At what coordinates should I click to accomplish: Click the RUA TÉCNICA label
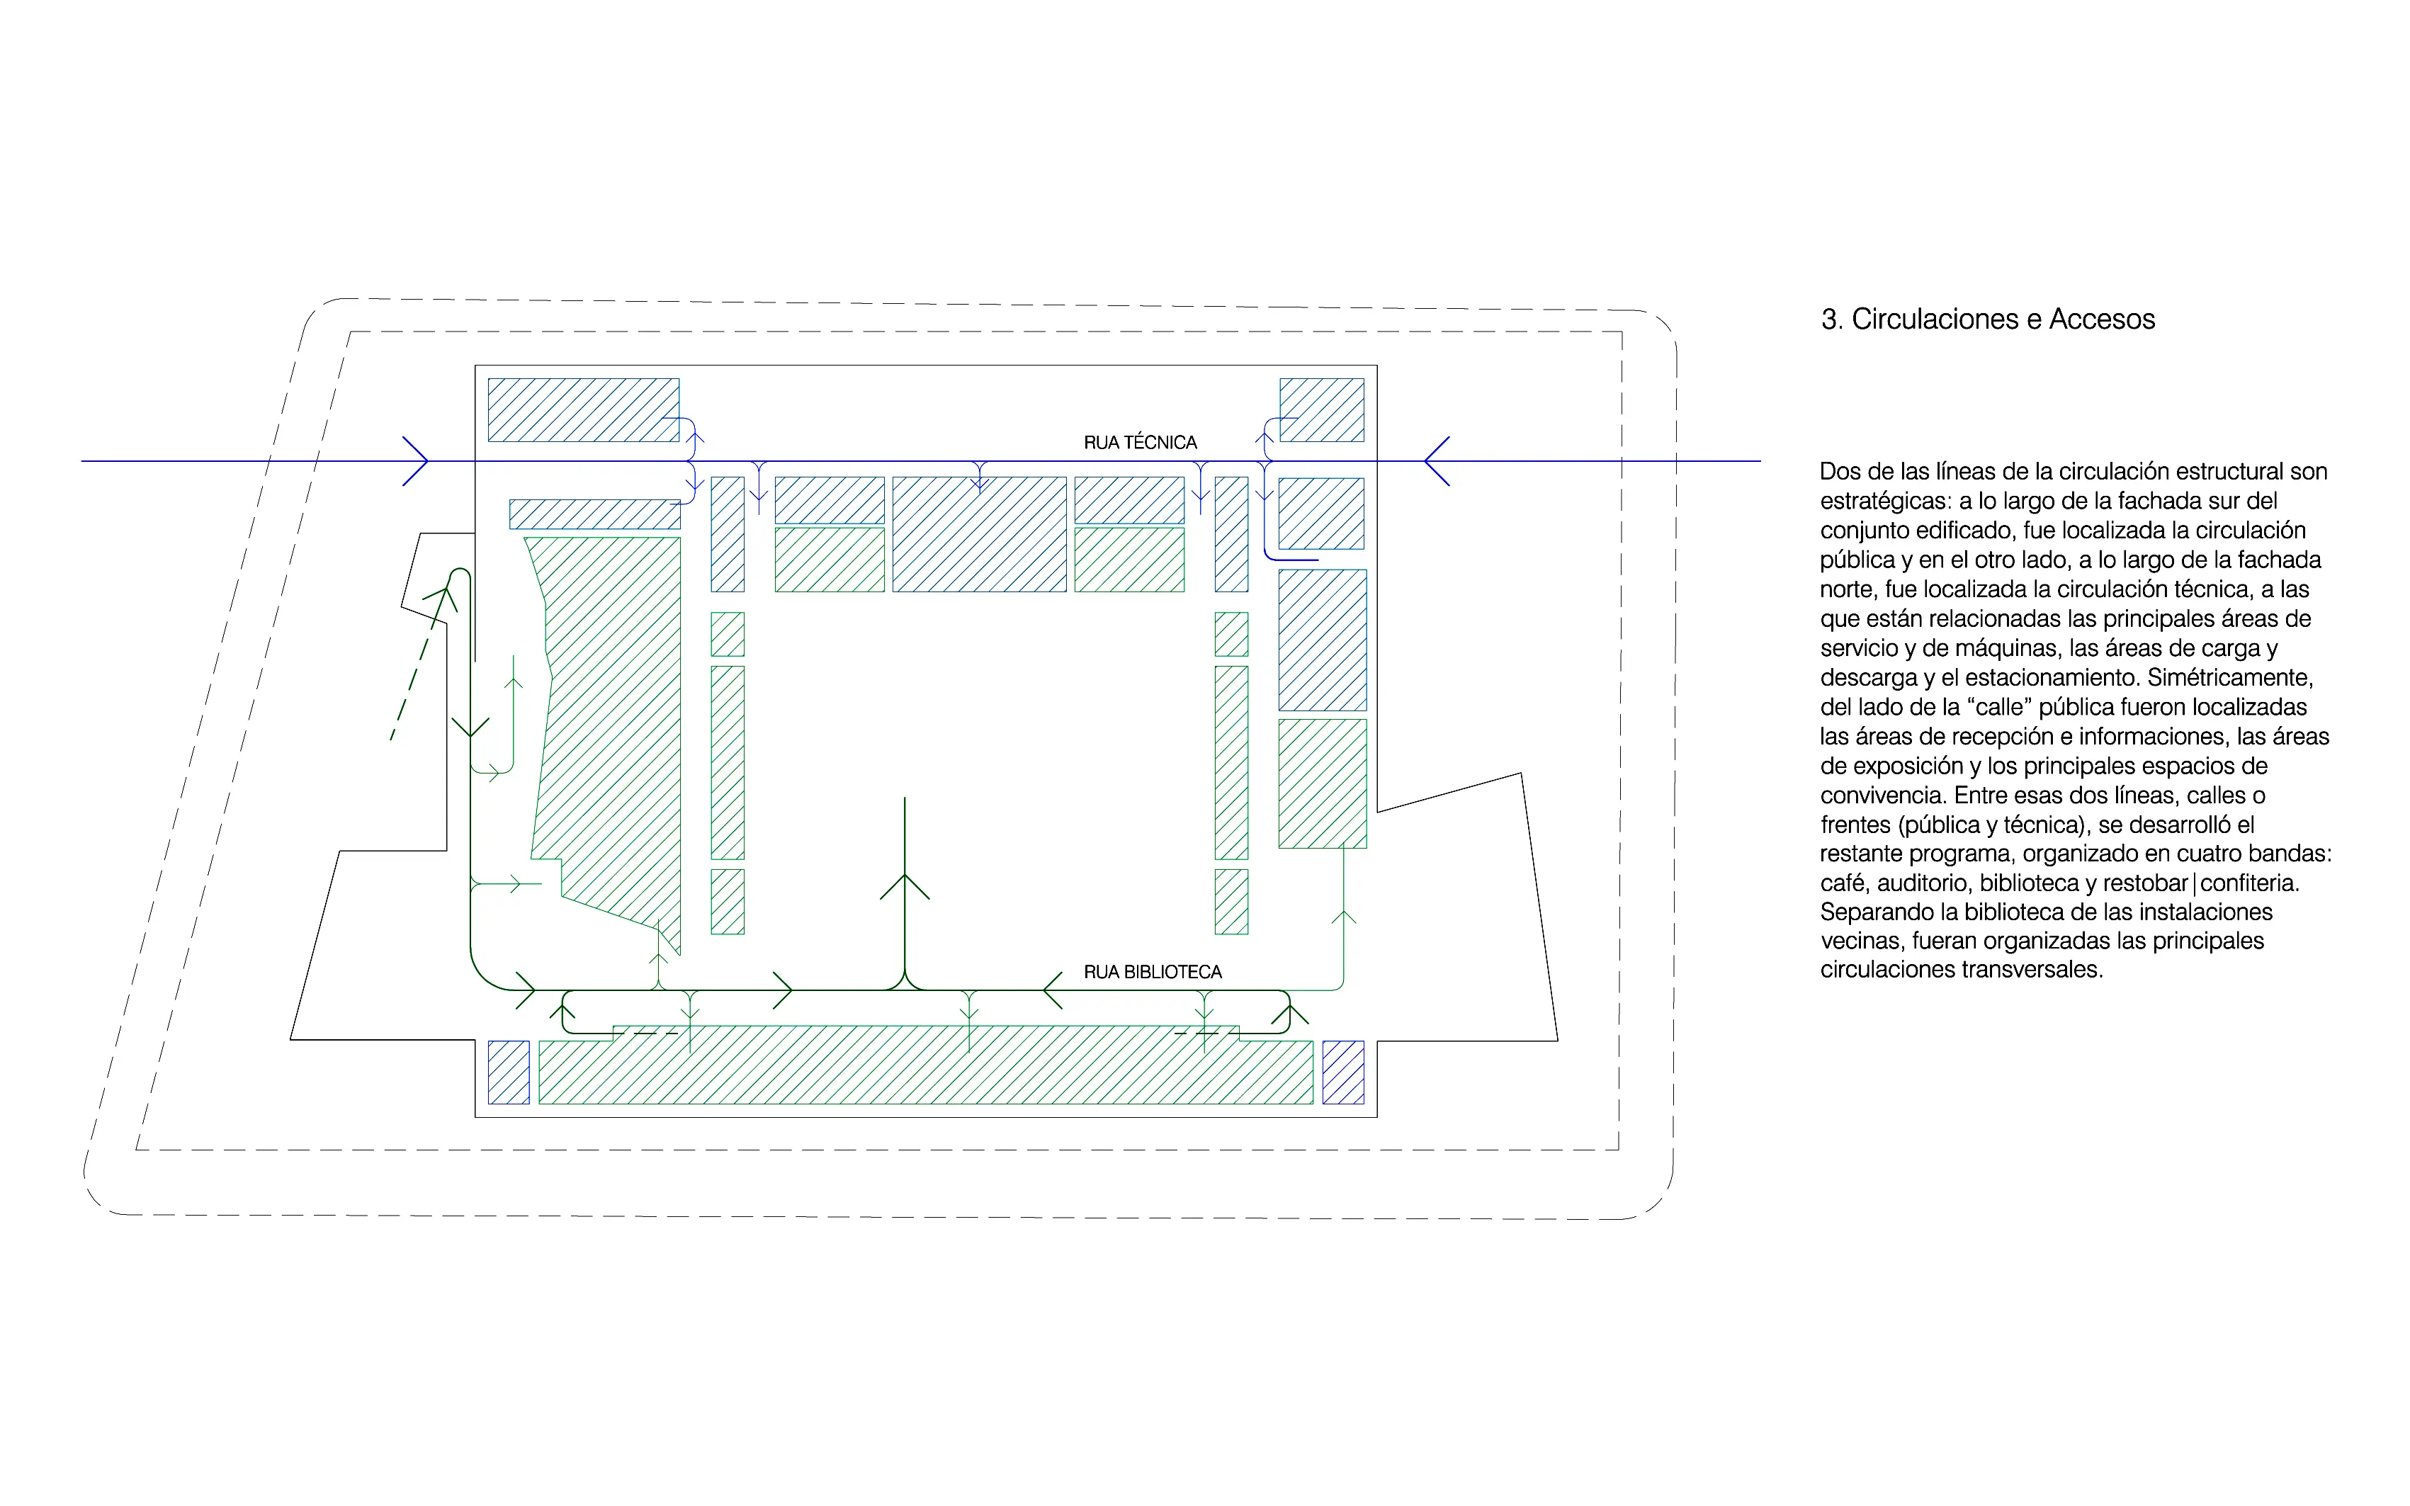tap(1141, 442)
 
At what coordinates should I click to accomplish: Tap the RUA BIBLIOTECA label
tap(1152, 972)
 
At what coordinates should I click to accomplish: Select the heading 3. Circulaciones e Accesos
tap(1988, 319)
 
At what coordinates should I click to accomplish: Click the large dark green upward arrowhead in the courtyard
tap(904, 885)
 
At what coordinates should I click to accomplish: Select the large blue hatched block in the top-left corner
tap(584, 410)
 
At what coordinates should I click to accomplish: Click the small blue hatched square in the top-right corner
tap(1321, 410)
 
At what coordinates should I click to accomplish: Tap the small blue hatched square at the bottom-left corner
tap(509, 1072)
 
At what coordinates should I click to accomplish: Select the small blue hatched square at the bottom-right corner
tap(1343, 1072)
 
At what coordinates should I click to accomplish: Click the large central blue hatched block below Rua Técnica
tap(979, 535)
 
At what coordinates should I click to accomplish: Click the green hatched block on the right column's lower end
tap(1323, 784)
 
